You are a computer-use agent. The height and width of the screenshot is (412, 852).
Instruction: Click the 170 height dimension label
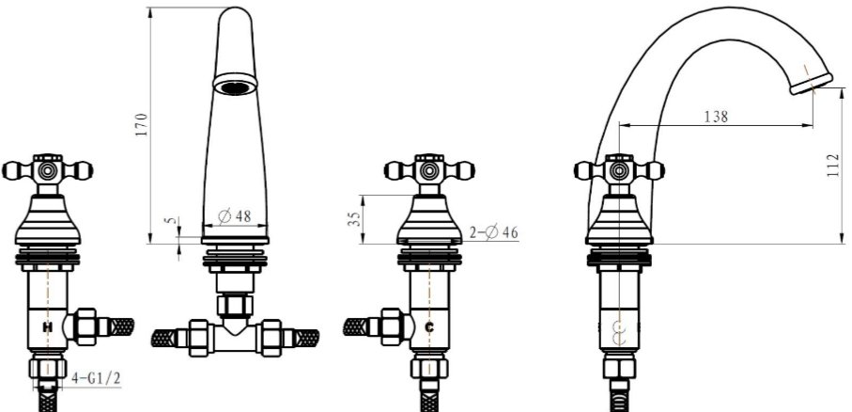point(142,124)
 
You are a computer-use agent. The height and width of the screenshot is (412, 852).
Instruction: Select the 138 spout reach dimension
point(716,116)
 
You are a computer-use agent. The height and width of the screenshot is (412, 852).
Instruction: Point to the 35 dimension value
point(354,219)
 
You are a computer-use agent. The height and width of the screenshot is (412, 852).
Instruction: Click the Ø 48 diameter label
point(235,216)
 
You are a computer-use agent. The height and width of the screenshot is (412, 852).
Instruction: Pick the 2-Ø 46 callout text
point(493,232)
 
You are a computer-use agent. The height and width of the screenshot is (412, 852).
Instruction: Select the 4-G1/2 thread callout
point(96,378)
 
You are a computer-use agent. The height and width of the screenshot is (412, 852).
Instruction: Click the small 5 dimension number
point(172,220)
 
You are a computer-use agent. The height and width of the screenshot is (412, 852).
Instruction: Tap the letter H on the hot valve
point(48,327)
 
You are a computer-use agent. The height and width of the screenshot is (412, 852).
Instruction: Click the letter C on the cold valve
point(429,327)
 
